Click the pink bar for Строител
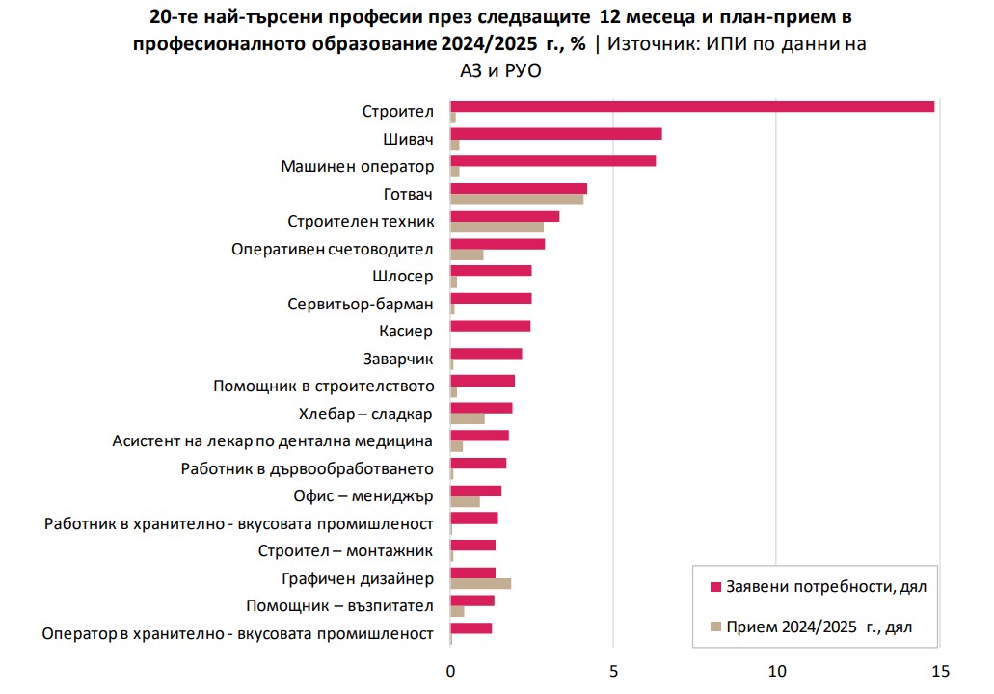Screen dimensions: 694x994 (692, 106)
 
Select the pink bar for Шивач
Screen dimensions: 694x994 (556, 134)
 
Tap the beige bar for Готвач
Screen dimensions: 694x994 (517, 200)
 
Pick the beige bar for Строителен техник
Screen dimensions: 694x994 (497, 227)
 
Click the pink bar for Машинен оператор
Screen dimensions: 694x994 (553, 161)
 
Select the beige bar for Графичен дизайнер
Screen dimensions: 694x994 (480, 583)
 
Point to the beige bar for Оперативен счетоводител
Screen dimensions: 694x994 (467, 254)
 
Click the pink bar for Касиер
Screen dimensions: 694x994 (490, 326)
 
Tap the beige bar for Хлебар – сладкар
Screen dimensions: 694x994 (468, 419)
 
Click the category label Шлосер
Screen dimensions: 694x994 (402, 277)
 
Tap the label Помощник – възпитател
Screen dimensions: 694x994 (339, 606)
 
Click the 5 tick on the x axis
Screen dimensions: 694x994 (613, 670)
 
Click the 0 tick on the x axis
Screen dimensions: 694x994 (450, 670)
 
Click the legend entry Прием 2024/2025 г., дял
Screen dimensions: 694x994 (818, 627)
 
